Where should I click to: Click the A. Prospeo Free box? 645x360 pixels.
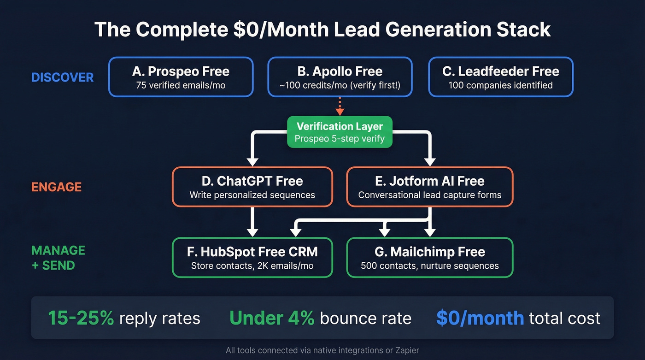click(181, 77)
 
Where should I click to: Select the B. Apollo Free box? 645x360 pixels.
click(340, 77)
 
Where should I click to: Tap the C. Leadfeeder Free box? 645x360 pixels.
click(500, 77)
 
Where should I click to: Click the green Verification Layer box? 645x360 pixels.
click(340, 132)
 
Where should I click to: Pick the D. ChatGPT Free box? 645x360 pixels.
click(252, 187)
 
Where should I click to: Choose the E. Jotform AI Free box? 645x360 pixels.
click(429, 187)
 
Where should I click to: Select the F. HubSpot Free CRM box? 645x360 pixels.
click(252, 257)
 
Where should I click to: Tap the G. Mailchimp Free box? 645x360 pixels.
click(429, 257)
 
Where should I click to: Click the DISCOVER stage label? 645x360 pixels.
click(62, 77)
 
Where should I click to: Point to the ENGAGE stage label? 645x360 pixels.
click(56, 187)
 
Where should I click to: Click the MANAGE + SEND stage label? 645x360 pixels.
click(58, 258)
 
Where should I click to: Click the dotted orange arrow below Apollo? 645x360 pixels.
click(340, 106)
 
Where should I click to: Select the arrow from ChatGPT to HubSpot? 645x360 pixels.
click(252, 221)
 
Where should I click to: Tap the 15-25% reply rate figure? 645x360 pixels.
click(81, 318)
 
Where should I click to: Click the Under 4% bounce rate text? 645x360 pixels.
click(272, 318)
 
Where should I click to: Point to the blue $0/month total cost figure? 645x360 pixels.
click(480, 318)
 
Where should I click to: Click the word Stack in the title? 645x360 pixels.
click(522, 30)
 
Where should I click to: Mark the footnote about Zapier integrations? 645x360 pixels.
click(322, 350)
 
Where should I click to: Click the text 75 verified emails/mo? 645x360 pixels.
click(181, 85)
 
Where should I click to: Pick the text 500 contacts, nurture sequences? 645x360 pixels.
click(429, 266)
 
